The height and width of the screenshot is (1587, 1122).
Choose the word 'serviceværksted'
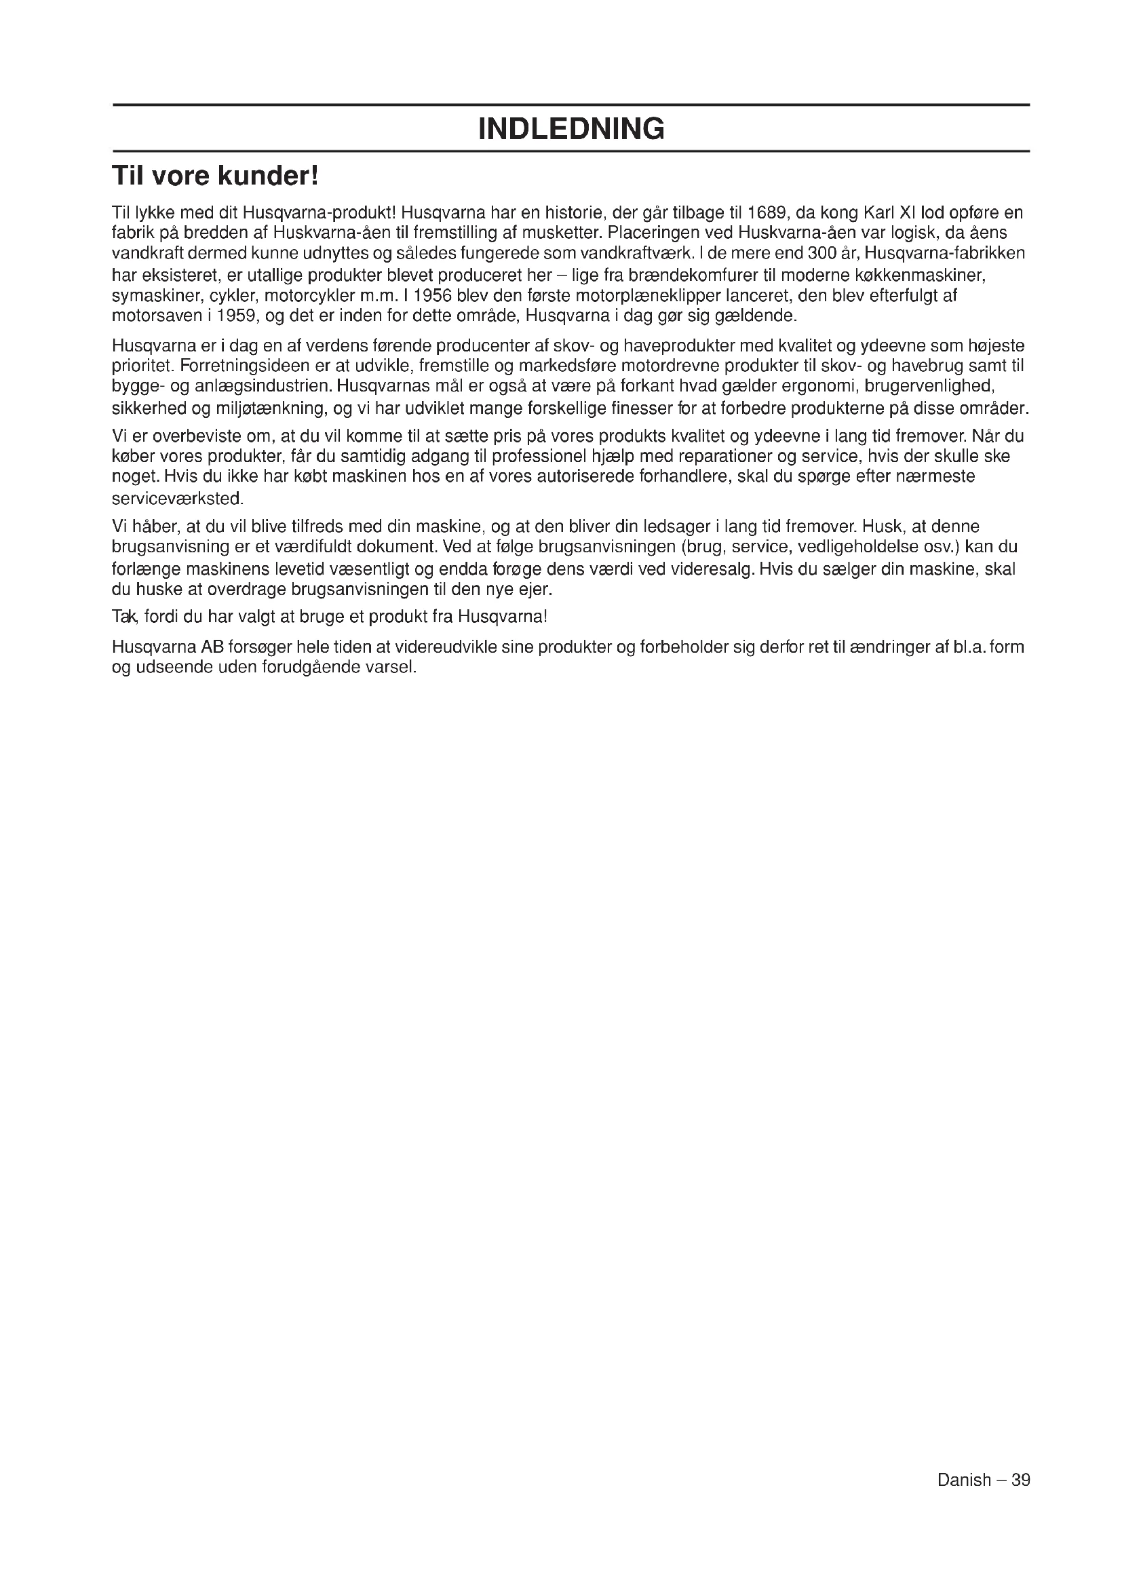177,497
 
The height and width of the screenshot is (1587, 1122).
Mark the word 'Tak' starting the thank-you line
125,616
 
